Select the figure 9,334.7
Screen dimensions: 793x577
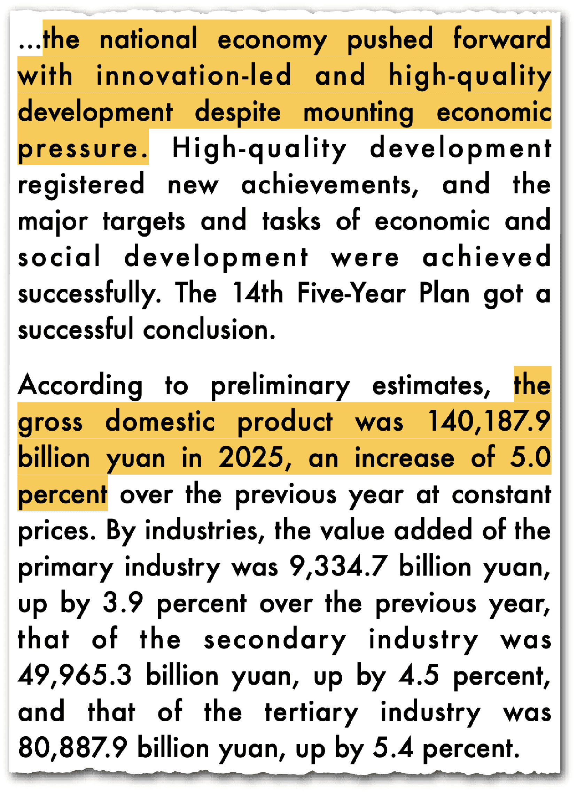point(339,567)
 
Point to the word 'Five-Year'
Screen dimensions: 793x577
point(351,293)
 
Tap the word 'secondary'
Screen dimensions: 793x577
point(275,640)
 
